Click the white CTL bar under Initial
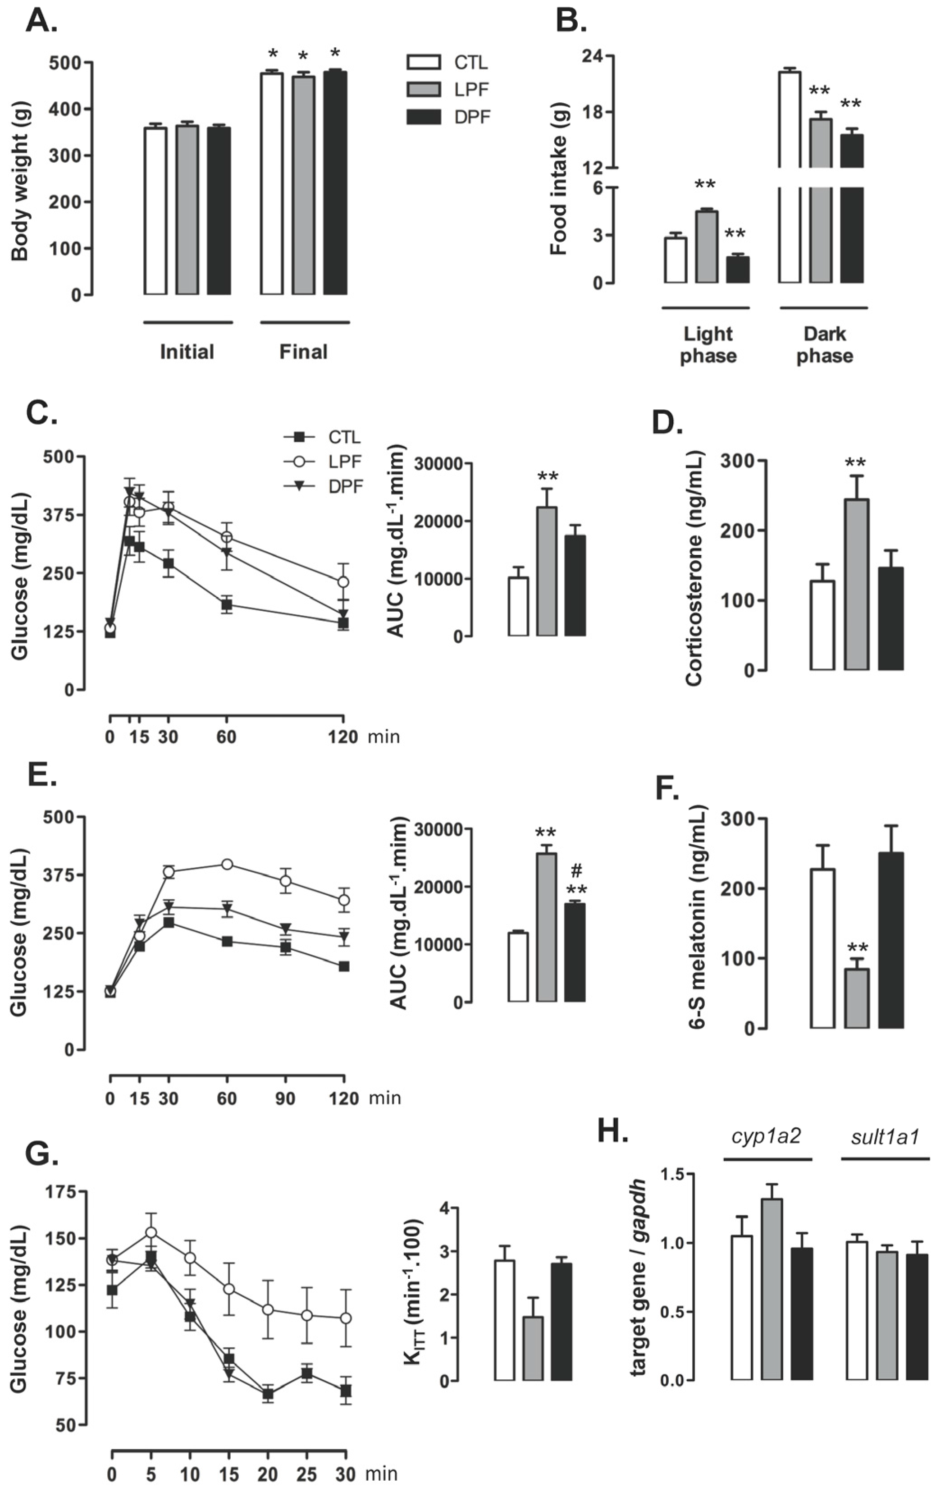point(155,211)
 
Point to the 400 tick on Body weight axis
point(73,109)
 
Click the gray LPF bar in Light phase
point(706,247)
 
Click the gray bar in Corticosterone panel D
point(857,585)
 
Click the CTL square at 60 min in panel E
point(227,942)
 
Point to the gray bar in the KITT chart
point(533,1356)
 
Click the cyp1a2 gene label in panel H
point(767,1137)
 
